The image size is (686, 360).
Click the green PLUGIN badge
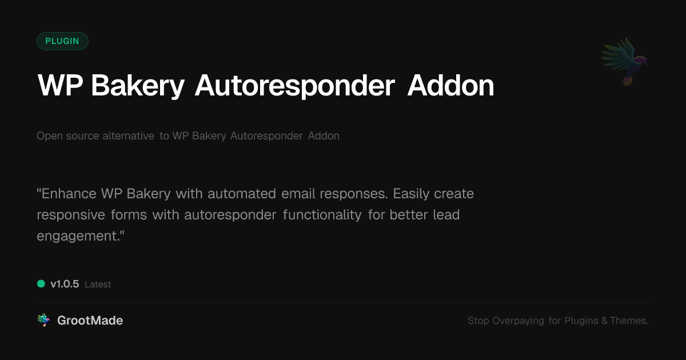(x=62, y=41)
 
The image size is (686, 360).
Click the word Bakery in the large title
(x=137, y=86)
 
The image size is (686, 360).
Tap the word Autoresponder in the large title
(x=295, y=86)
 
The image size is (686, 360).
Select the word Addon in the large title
(x=450, y=86)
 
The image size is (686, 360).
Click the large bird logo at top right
(x=625, y=61)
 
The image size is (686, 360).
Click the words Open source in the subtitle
(x=67, y=136)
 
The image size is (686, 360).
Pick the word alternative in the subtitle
(x=127, y=136)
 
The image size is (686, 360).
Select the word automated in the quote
(x=242, y=194)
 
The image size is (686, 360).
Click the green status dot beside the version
(x=41, y=283)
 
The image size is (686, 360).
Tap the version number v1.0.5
(x=65, y=284)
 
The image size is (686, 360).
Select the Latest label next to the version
(x=98, y=285)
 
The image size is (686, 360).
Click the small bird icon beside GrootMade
(x=43, y=321)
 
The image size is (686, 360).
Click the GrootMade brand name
(x=90, y=321)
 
